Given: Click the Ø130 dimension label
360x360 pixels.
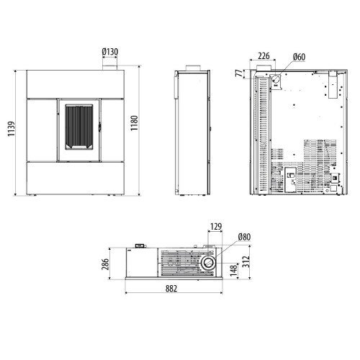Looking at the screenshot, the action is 110,52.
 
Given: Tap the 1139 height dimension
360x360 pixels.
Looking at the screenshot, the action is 12,129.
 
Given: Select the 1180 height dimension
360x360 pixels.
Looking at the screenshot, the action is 134,123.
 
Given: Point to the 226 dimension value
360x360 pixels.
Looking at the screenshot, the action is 264,55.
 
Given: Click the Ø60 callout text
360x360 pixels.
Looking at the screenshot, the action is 299,57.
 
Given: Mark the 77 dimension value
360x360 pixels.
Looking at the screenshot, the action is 239,73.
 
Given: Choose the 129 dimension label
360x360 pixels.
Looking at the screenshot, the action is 216,226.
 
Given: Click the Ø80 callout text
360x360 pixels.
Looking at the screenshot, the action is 244,237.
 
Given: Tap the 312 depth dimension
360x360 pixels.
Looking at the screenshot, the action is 246,262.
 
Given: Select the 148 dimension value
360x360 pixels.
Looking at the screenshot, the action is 234,270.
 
